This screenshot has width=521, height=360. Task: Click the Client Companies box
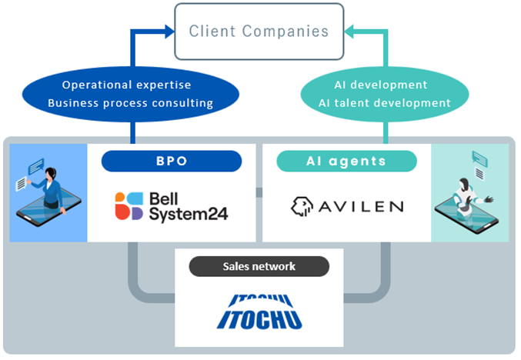(x=259, y=32)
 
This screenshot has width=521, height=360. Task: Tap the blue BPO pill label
(x=171, y=161)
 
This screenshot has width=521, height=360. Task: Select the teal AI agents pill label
(x=346, y=161)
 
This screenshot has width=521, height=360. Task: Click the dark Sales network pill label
(x=259, y=266)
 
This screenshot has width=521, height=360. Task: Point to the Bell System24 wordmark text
(x=188, y=205)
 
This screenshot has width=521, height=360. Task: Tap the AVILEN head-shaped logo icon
(x=302, y=205)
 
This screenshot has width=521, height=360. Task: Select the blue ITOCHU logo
(x=259, y=312)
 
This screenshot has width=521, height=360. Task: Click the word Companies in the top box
(x=292, y=32)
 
